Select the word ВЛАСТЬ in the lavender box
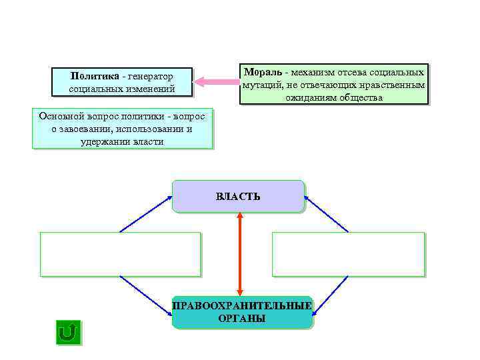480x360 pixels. tap(238, 197)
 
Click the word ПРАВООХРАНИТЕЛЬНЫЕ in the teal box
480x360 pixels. tap(242, 306)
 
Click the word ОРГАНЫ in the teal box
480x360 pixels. tap(241, 319)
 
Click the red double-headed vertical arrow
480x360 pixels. tap(239, 253)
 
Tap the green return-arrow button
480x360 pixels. tap(68, 331)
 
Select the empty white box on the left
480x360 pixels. tap(120, 254)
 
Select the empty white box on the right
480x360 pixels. tap(348, 254)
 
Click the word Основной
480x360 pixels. tap(59, 115)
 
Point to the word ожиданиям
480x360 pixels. tap(311, 98)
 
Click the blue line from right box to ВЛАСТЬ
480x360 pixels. tap(327, 214)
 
